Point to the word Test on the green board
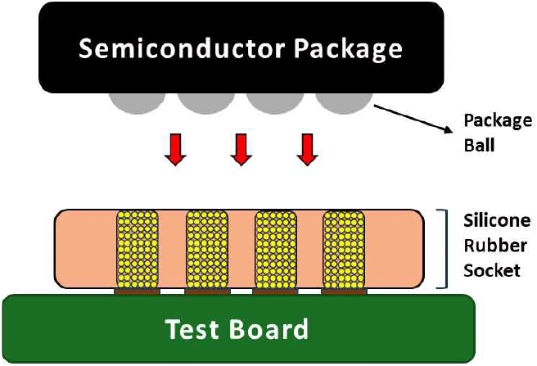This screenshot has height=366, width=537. click(x=194, y=329)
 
